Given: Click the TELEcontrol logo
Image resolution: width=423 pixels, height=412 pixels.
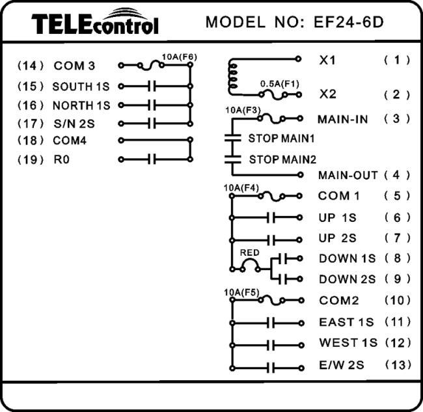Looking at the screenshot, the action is coord(95,21).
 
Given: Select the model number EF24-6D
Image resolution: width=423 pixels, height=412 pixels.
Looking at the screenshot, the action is coord(349,22).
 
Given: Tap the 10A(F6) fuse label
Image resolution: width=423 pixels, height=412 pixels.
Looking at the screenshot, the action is coord(180,57).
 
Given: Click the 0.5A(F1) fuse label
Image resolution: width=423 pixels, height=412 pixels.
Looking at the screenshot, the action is coord(280,84).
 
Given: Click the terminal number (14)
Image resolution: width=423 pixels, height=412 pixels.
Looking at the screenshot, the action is coord(30,66).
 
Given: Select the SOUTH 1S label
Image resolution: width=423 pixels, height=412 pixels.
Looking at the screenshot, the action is coord(81,87).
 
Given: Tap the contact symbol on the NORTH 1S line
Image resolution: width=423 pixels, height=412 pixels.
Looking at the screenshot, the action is coord(152,105).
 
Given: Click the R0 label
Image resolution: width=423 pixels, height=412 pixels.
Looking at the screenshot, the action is coord(62,159).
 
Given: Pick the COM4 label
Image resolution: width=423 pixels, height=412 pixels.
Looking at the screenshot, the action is coord(70,141).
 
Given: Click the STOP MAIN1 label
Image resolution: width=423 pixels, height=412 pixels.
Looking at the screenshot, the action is coord(281,139).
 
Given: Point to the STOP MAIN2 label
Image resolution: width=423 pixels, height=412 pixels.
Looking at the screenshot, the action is coord(282,159).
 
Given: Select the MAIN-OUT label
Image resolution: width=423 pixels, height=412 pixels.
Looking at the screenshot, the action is coord(348,175).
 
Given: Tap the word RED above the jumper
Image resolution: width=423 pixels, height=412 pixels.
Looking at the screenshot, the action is coord(249,253).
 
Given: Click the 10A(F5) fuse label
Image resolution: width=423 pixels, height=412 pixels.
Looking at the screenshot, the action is coord(241,292).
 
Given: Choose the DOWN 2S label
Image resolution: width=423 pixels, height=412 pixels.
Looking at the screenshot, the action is coord(348,279).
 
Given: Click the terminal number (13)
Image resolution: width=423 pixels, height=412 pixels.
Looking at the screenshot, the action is coord(398,365).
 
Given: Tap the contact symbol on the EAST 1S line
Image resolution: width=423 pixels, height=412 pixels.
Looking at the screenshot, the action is coord(271,323).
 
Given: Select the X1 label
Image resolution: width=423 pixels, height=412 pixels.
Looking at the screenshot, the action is coord(327,60).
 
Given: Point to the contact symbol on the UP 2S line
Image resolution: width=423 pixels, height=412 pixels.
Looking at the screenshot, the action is coord(271,240).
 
